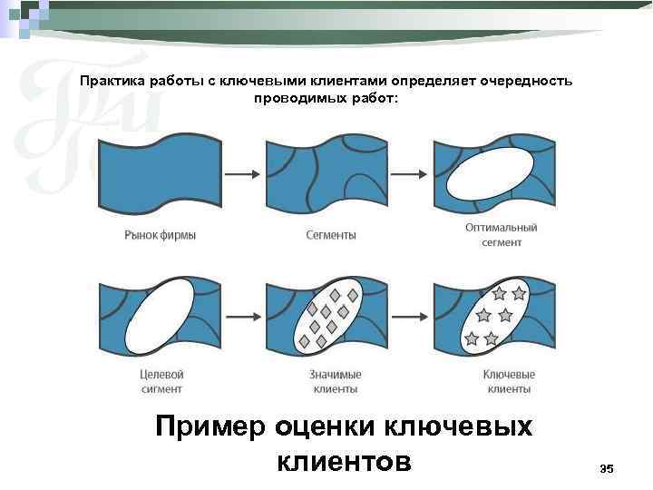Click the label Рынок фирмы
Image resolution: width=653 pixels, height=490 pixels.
click(160, 235)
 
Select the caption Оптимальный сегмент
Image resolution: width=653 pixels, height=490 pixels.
click(502, 235)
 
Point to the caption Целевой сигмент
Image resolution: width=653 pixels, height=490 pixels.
click(161, 382)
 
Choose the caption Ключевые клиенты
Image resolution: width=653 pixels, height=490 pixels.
click(509, 382)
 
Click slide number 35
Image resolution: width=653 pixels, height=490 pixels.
click(607, 468)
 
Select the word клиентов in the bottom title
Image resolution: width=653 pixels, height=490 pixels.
click(343, 461)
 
